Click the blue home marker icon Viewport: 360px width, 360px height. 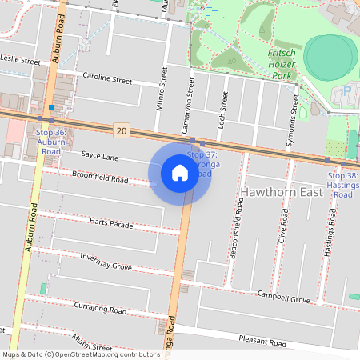[180, 172]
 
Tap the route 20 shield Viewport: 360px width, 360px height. [121, 130]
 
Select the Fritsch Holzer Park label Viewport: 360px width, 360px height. [281, 64]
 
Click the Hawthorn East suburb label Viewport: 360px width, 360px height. [282, 193]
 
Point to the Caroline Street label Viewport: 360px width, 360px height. [107, 80]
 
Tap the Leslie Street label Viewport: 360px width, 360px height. [19, 60]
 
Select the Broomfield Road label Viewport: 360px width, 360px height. [100, 177]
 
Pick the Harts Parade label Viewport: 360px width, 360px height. [111, 224]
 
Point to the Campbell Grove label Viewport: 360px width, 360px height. [283, 298]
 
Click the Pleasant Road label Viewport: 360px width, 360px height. [262, 342]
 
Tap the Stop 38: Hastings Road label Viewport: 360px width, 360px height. [343, 185]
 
